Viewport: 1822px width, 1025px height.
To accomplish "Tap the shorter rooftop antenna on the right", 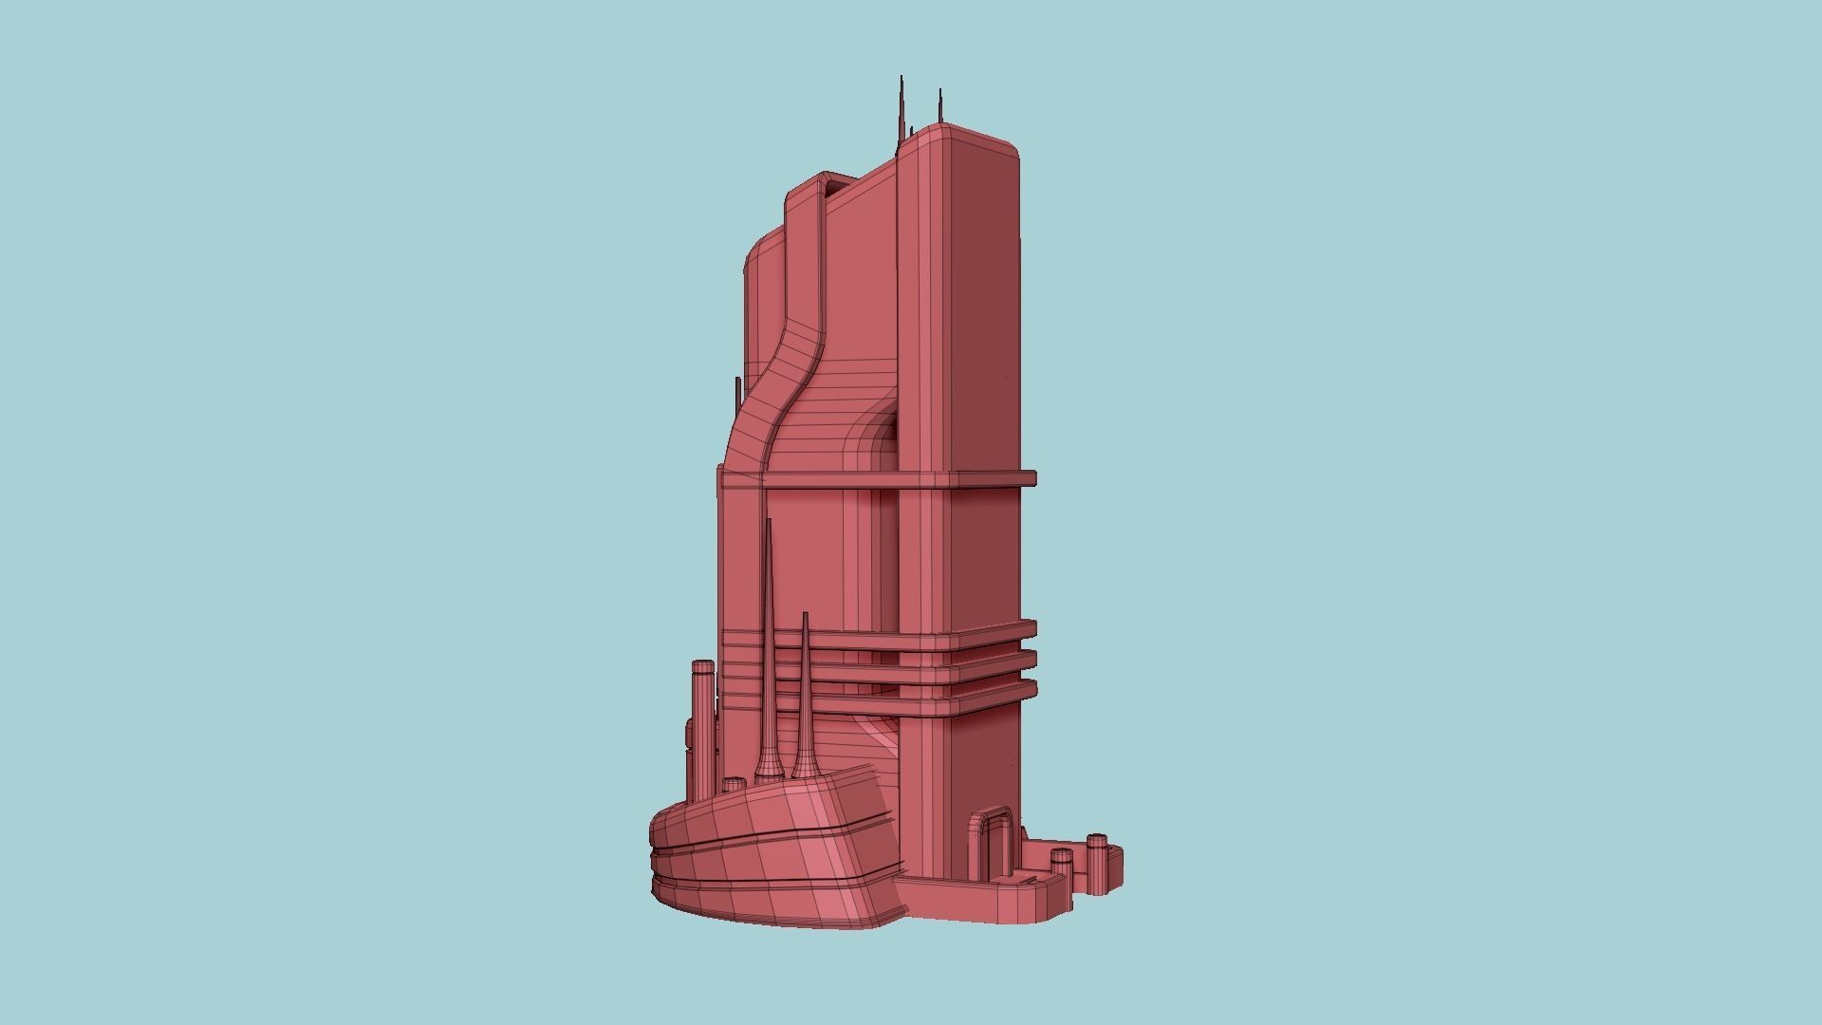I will click(939, 108).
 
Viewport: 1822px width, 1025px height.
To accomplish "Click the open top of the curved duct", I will click(832, 184).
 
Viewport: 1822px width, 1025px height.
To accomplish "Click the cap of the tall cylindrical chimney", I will click(702, 666).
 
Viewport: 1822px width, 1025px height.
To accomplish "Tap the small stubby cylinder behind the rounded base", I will click(734, 785).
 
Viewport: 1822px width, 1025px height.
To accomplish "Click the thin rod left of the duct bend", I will click(737, 394).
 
